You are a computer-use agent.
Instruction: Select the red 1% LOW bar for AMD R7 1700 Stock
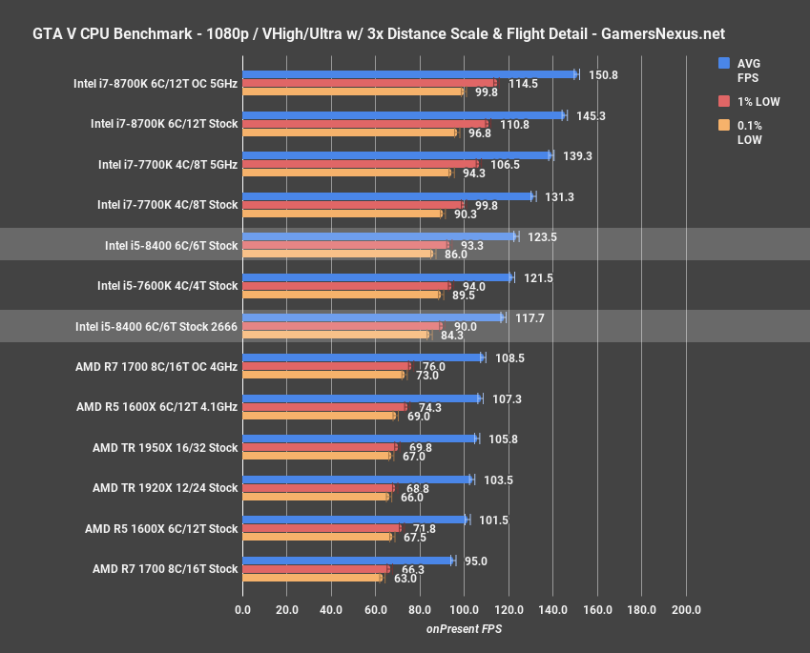coord(315,569)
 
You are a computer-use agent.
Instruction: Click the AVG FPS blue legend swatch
coord(723,63)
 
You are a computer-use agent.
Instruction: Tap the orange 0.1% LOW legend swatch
coord(723,125)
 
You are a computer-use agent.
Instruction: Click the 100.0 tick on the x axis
coord(464,609)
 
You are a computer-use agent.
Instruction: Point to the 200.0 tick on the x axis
coord(685,609)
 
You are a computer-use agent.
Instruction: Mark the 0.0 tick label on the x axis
coord(242,609)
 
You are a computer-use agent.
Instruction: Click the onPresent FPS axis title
coord(464,629)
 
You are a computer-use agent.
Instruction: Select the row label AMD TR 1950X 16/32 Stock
coord(165,447)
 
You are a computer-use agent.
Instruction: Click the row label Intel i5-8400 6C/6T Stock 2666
coord(156,326)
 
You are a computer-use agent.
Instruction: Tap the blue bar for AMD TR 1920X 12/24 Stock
coord(357,480)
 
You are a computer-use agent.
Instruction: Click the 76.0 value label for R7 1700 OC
coord(434,367)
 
